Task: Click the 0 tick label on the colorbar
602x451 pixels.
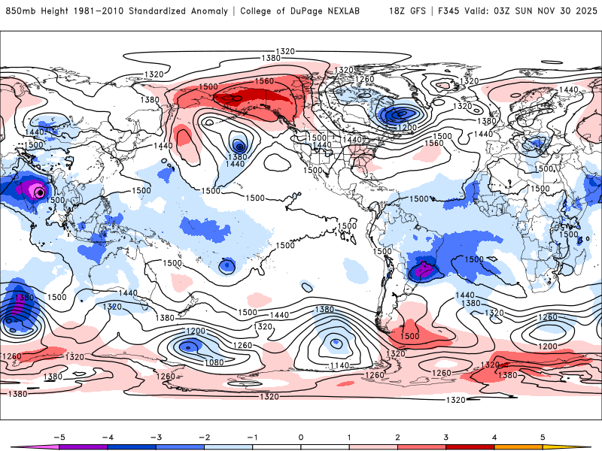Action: click(x=301, y=436)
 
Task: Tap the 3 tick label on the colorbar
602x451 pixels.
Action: click(x=446, y=436)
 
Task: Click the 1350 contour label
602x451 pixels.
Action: click(x=25, y=298)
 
